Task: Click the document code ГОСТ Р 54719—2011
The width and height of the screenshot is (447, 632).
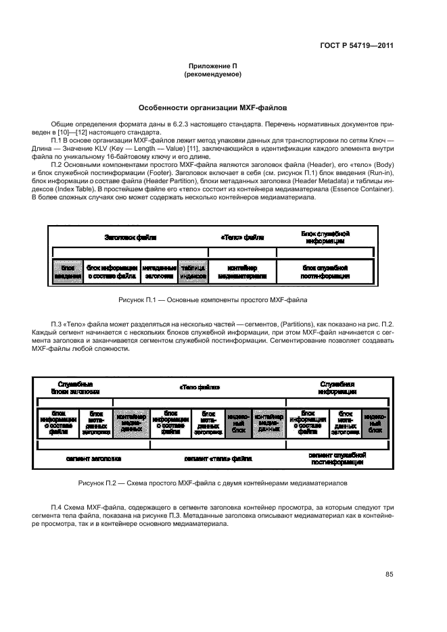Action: [357, 47]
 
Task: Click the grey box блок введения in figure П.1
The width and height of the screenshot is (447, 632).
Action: [67, 272]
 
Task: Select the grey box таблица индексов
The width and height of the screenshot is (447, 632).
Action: [193, 272]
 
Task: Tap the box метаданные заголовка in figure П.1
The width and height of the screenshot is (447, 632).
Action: [160, 272]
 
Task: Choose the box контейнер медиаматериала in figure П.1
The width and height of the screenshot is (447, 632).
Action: [242, 272]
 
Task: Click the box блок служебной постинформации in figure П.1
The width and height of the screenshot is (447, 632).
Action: [325, 272]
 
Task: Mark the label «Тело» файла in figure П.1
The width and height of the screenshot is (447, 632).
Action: [242, 238]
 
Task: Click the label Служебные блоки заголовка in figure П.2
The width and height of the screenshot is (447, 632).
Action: [76, 387]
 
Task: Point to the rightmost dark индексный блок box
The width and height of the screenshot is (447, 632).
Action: [375, 423]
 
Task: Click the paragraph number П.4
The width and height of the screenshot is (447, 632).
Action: [58, 507]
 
